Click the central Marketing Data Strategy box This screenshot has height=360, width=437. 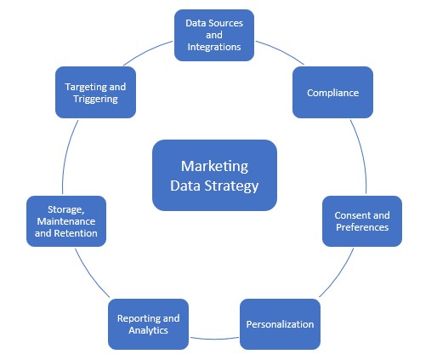214,175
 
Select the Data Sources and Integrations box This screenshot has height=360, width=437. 214,35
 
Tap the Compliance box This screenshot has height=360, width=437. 333,92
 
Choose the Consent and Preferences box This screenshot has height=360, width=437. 361,221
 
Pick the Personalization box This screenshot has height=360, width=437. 280,324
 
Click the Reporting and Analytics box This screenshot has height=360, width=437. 148,324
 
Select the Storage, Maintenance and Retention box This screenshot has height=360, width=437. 66,221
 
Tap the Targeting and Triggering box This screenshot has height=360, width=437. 96,92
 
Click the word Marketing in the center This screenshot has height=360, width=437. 214,166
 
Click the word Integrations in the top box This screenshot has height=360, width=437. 214,48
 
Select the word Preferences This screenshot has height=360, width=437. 361,228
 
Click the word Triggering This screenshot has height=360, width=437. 96,99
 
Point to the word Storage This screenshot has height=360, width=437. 65,209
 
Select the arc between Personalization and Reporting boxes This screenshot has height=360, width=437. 214,339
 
